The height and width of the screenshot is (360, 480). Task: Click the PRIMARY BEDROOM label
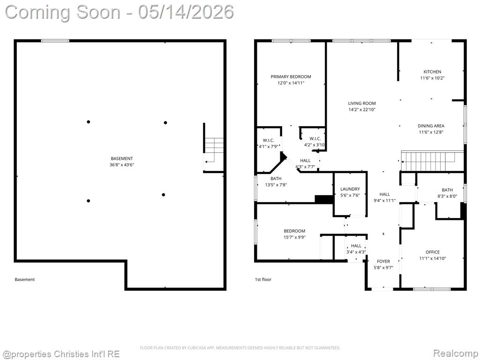(x=291, y=76)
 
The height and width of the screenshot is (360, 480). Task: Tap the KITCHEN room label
(x=432, y=72)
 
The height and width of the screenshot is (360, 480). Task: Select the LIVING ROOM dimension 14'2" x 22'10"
(x=362, y=110)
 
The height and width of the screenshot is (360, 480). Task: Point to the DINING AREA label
(x=431, y=126)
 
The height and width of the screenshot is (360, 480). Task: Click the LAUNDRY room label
(x=350, y=189)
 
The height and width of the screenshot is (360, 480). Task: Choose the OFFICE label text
(x=433, y=252)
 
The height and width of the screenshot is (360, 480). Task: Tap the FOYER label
(x=383, y=262)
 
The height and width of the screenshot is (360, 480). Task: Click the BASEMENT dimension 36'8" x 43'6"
(x=122, y=165)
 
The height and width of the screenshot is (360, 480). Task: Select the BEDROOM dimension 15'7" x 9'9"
(x=294, y=237)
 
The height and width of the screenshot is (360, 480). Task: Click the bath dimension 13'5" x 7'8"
(x=276, y=185)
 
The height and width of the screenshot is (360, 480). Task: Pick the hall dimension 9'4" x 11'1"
(x=385, y=201)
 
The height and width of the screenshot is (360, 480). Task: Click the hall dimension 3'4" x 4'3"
(x=356, y=252)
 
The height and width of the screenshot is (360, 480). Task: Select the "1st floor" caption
(x=263, y=279)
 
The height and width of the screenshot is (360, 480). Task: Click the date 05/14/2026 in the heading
(x=186, y=12)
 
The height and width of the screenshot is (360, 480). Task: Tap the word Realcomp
(x=455, y=353)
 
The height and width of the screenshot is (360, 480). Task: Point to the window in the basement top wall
(x=55, y=41)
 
